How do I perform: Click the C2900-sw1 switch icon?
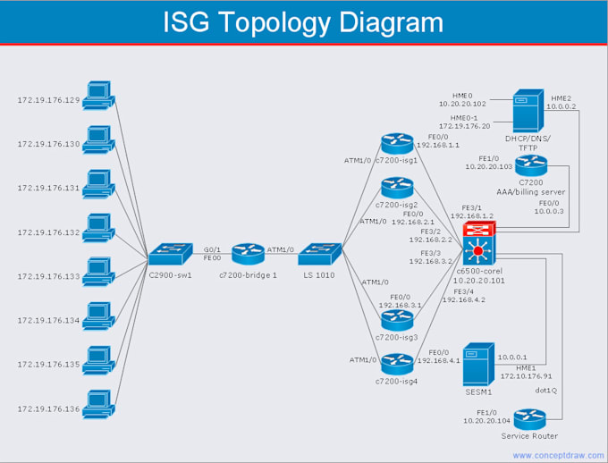point(171,254)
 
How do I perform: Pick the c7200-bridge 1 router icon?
point(249,254)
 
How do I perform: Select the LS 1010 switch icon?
point(319,254)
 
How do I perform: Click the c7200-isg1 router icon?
point(396,144)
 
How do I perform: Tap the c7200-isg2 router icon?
point(396,188)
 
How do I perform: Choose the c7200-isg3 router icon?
point(396,319)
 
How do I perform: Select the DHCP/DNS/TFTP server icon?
point(527,112)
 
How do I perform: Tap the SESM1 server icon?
point(479,364)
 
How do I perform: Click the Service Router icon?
point(530,417)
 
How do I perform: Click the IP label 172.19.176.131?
point(48,188)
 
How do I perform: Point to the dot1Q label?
point(546,391)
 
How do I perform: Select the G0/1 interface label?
point(213,249)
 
